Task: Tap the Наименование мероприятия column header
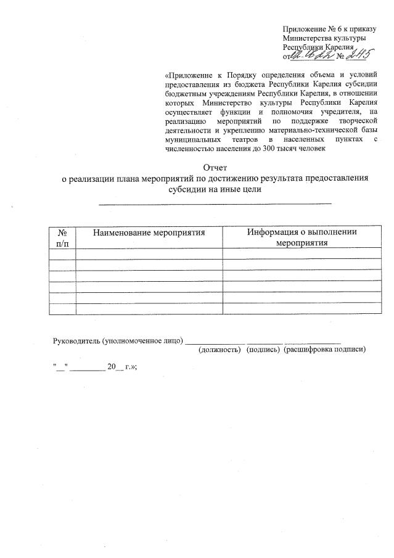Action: pos(149,232)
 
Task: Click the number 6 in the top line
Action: pos(334,29)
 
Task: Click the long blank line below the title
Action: pos(215,202)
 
